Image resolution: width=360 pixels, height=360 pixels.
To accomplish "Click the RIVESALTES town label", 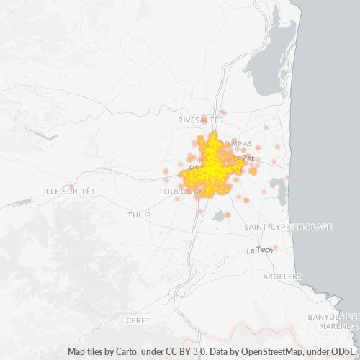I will point(200,120).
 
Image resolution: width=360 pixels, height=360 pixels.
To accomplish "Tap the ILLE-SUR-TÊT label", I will point(69,191).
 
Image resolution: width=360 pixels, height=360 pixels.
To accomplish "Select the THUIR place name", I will point(139,215).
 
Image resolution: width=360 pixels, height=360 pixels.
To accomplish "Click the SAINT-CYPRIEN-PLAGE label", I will point(288,227).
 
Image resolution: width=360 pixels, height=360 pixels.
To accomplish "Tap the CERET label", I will point(138,319).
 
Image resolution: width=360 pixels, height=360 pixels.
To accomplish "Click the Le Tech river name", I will point(259,250).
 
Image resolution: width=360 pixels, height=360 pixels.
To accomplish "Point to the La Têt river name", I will point(245,157).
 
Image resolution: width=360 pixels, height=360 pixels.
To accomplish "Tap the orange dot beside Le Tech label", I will point(275,248).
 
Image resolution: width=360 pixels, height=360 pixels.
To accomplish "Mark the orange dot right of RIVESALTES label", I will point(224,113).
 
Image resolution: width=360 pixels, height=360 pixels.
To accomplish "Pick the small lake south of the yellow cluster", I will point(219,216).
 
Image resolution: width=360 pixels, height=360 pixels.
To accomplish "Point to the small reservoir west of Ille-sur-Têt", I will point(32,134).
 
